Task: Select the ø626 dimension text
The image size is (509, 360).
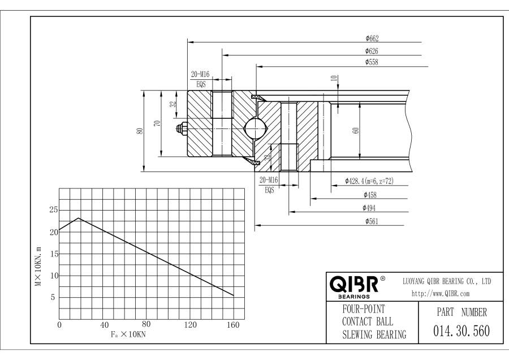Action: (372, 51)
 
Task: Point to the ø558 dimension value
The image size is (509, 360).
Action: (372, 62)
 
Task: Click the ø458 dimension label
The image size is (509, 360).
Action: (372, 195)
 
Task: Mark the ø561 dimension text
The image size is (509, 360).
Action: (372, 221)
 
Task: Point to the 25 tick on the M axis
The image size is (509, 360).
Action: (53, 210)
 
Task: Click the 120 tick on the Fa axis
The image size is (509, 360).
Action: (190, 325)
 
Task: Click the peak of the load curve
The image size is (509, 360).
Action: (79, 218)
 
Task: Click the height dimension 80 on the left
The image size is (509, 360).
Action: (140, 130)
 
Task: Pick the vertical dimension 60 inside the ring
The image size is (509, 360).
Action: (355, 130)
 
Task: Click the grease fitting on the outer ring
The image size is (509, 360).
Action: (182, 130)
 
